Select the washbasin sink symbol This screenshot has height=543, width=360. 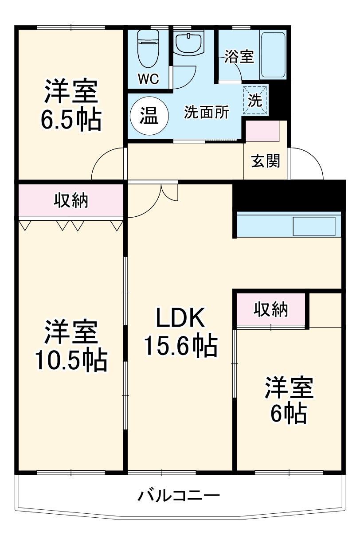tap(188, 43)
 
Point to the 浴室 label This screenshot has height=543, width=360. tap(239, 57)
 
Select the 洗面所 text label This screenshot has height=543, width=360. tap(207, 113)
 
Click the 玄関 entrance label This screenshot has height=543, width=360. tap(266, 161)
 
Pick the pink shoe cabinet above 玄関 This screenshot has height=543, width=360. tap(262, 131)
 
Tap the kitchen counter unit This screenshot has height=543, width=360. tap(289, 226)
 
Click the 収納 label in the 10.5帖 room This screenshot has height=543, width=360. tap(71, 201)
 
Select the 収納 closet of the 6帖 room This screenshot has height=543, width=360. tap(271, 309)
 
